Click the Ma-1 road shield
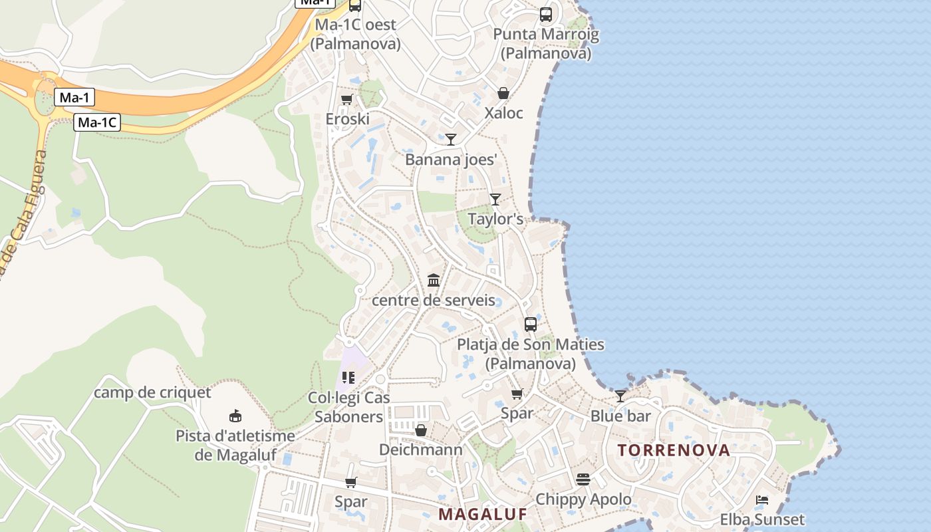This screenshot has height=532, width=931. point(74,98)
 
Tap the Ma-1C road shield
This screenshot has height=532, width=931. point(97,122)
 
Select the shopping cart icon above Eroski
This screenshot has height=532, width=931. point(346,100)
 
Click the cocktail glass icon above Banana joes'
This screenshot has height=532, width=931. point(451,139)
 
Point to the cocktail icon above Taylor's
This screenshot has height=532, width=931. point(495,199)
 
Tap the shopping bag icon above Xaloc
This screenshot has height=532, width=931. point(503,93)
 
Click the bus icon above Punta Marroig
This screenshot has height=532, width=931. point(545,14)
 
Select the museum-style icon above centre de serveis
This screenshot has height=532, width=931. point(434,280)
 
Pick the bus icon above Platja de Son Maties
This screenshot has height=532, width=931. point(530,325)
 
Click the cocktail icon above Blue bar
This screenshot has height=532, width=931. point(620,396)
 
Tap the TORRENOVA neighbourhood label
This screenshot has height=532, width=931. point(674,450)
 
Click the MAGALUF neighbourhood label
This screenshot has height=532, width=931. point(483,514)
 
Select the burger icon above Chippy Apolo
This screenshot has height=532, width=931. point(583,479)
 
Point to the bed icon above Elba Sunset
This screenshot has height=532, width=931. point(762,500)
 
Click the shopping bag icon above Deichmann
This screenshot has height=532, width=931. point(420,430)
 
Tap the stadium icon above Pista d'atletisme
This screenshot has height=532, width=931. point(235,416)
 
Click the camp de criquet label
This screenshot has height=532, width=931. point(152,392)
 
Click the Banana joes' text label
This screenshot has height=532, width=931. point(452,160)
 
